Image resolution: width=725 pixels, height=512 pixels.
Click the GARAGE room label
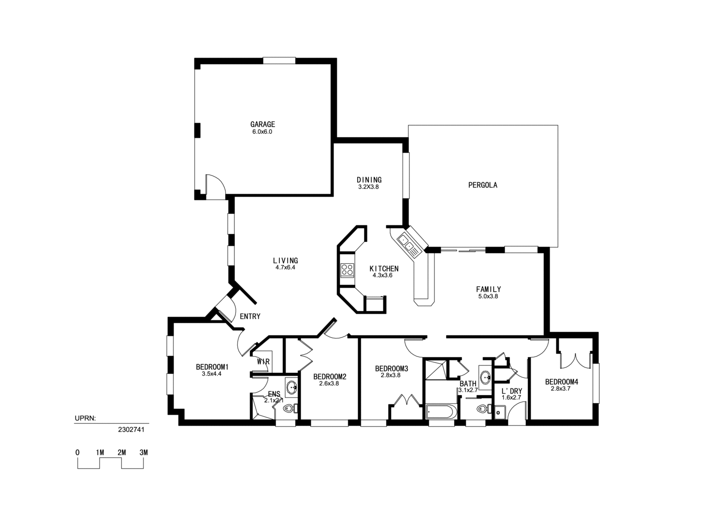262,124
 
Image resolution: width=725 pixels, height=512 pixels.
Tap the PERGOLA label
482,185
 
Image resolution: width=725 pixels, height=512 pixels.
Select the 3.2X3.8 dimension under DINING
368,187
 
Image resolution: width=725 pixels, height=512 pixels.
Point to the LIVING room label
285,260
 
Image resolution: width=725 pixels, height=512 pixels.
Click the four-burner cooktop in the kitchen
347,270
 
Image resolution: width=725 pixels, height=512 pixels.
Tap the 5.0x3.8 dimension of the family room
488,297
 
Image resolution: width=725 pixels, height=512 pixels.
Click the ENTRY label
250,316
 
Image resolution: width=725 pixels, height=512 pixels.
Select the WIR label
263,361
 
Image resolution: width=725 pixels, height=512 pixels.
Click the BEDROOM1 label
212,367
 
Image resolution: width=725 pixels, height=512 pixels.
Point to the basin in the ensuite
291,387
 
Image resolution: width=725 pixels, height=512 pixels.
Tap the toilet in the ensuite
289,409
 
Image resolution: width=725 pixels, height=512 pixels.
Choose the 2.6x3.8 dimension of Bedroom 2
329,384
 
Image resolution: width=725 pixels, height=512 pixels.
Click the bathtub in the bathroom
440,412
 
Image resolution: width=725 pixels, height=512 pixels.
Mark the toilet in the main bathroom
481,409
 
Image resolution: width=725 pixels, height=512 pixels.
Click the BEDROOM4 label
561,382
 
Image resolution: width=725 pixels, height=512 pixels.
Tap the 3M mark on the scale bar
143,453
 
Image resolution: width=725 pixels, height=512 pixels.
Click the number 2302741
131,428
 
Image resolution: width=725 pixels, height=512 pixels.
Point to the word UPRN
86,418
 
